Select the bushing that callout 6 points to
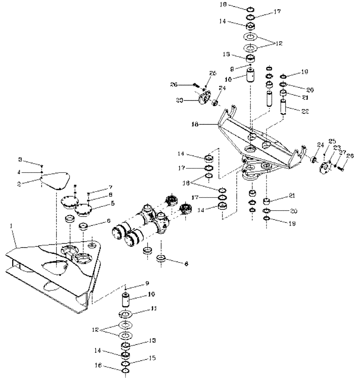pos(84,227)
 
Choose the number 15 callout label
pos(152,358)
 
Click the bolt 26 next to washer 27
pos(339,167)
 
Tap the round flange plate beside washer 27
pos(325,166)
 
